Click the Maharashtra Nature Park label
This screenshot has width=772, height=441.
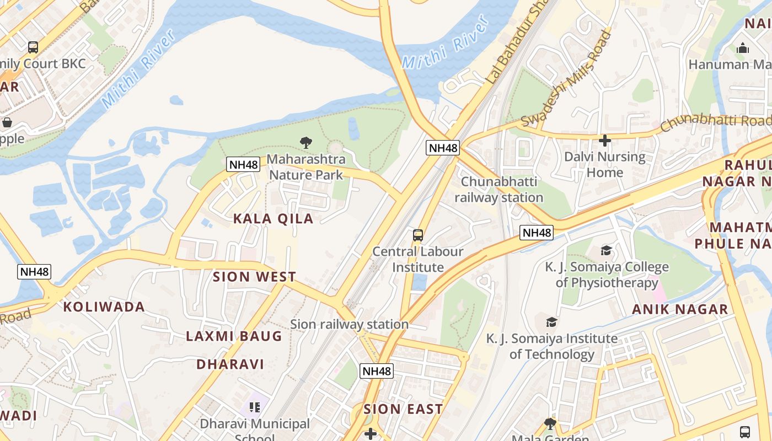click(306, 167)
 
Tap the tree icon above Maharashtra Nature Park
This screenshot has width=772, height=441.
click(306, 143)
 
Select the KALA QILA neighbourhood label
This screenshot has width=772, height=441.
click(273, 218)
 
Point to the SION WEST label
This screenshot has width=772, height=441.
click(254, 277)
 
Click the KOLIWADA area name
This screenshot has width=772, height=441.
click(104, 307)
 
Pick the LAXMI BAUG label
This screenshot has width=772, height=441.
click(234, 336)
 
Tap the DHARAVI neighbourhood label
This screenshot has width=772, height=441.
click(230, 364)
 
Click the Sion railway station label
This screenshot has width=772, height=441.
click(349, 324)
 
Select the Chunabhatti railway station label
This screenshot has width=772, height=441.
click(498, 189)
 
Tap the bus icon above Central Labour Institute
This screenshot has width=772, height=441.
click(418, 235)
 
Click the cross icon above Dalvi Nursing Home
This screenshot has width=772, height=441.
click(604, 141)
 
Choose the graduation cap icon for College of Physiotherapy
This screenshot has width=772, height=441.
click(606, 251)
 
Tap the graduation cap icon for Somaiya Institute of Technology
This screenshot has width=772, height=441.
click(551, 322)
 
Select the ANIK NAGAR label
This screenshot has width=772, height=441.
click(680, 309)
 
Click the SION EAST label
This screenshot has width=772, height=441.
click(403, 409)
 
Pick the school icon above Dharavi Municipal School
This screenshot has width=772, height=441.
click(254, 407)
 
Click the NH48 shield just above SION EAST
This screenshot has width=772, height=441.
click(377, 371)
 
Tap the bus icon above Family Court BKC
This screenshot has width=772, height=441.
click(33, 47)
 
